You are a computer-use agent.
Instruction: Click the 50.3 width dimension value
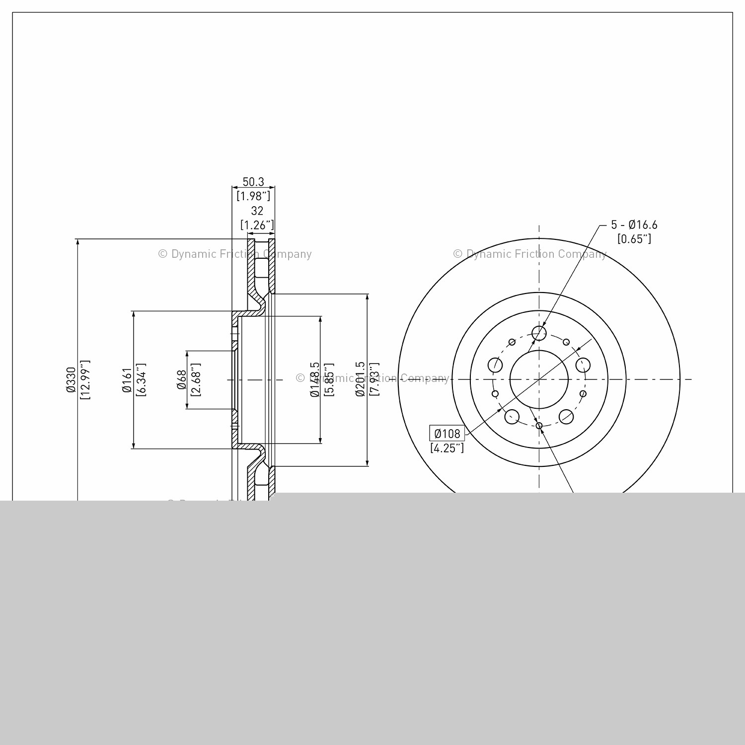(253, 182)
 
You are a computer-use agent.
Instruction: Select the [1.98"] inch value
(253, 196)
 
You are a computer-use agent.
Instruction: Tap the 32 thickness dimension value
(257, 211)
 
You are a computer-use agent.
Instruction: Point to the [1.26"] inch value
(257, 225)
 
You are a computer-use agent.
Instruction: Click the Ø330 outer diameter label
(71, 380)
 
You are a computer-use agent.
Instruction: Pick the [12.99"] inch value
(85, 380)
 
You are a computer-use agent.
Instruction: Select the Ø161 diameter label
(127, 380)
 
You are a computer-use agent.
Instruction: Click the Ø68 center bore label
(182, 380)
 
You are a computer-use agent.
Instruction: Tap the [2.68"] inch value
(195, 380)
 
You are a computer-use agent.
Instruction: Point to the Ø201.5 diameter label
(360, 380)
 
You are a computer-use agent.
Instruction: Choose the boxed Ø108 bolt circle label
(447, 434)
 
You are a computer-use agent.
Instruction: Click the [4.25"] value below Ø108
(447, 448)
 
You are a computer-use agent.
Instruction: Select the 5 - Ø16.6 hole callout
(634, 225)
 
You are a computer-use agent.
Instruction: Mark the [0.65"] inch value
(634, 239)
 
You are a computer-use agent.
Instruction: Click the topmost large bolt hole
(539, 333)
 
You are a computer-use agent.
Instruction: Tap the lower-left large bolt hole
(512, 416)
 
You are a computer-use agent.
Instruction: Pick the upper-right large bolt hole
(583, 365)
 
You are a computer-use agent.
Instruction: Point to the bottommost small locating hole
(539, 426)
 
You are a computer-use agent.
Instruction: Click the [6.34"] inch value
(141, 380)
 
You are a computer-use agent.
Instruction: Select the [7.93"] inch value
(374, 380)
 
